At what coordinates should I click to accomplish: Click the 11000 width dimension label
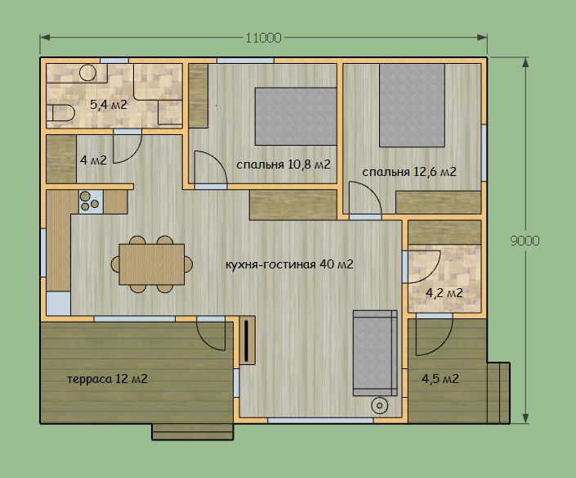(263, 38)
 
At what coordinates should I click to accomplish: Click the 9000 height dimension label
(525, 241)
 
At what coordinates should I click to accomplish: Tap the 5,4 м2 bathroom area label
(109, 105)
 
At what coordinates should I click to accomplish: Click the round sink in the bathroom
(87, 73)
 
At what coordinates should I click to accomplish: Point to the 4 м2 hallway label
(93, 160)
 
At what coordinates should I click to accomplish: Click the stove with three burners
(92, 201)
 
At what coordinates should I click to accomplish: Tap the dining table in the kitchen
(152, 264)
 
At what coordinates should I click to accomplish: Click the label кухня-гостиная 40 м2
(289, 264)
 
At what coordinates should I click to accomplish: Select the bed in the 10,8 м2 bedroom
(296, 116)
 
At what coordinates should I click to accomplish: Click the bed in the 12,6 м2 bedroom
(412, 106)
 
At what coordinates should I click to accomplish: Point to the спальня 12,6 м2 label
(409, 172)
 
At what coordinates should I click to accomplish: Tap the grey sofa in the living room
(375, 354)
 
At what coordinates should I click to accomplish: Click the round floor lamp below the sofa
(380, 406)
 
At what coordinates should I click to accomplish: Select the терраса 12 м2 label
(107, 379)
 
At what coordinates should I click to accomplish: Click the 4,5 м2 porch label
(440, 379)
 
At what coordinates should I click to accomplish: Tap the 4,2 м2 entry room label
(444, 293)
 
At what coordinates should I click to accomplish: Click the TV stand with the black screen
(248, 340)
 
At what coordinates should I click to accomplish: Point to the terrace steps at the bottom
(193, 432)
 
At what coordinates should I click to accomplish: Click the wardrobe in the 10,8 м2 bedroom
(199, 96)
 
